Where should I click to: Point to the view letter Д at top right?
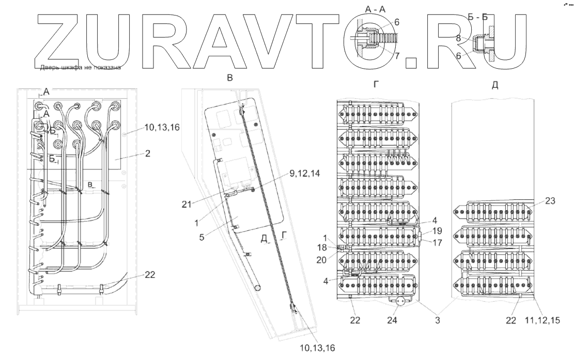(x=495, y=85)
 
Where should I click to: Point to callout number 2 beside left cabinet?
(x=148, y=153)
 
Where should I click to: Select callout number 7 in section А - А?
(x=397, y=55)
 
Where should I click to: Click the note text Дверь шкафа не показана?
(x=80, y=68)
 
